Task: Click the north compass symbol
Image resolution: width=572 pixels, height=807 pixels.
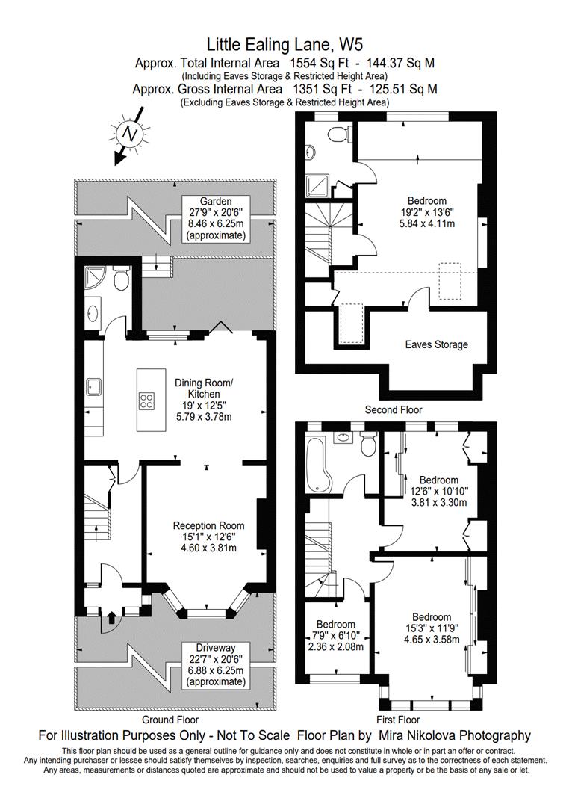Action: tap(128, 135)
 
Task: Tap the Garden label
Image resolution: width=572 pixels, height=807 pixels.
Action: tap(216, 201)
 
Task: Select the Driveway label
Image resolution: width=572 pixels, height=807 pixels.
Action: tap(216, 647)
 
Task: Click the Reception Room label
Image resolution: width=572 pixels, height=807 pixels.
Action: tap(208, 525)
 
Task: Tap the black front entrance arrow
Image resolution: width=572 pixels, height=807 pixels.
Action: tap(111, 616)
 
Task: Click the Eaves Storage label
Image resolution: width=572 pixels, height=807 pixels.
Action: tap(437, 344)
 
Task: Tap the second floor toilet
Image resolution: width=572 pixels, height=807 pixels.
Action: tap(341, 134)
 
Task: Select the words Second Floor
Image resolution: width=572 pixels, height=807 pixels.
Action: tap(394, 409)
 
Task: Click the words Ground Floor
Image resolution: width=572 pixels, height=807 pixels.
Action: tap(170, 720)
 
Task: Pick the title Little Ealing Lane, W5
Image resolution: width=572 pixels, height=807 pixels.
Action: tap(285, 44)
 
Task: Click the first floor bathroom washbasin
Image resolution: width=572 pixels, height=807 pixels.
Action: tap(343, 438)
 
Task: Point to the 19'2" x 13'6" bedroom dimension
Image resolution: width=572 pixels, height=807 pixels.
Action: tap(427, 212)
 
